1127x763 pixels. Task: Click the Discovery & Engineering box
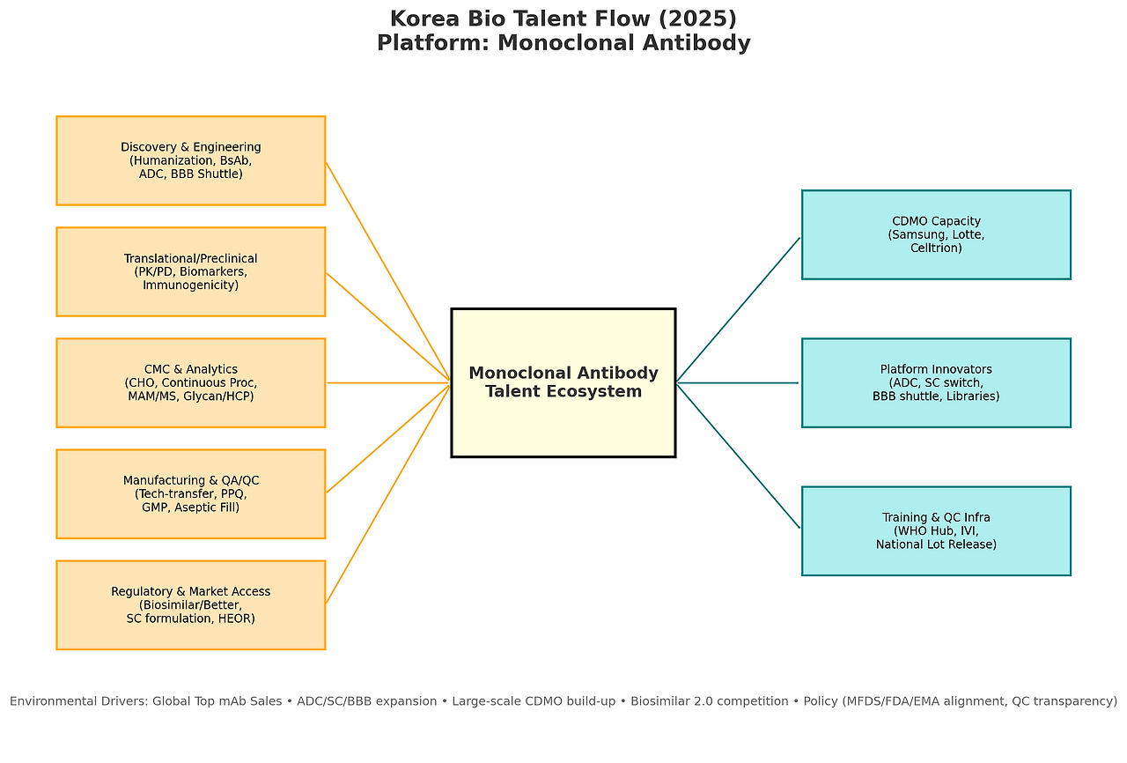click(x=190, y=160)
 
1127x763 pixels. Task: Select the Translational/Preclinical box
click(x=190, y=271)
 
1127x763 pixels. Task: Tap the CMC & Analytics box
click(x=190, y=382)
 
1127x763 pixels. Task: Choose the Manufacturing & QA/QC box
click(x=190, y=493)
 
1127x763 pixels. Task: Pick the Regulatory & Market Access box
click(x=190, y=604)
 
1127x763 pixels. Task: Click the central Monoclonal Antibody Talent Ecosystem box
click(x=563, y=382)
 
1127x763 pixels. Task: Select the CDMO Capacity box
click(x=936, y=234)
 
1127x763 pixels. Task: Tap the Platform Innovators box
click(x=936, y=382)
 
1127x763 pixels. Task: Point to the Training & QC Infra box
click(x=936, y=530)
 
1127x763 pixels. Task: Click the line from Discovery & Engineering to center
click(x=387, y=271)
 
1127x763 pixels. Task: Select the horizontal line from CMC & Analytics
click(x=387, y=382)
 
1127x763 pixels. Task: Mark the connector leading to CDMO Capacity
click(x=738, y=310)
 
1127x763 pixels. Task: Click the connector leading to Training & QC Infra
click(x=738, y=456)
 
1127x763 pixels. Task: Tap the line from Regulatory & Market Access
click(x=387, y=493)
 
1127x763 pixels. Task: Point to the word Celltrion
click(x=936, y=248)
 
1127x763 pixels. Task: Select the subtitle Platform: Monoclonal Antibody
click(x=563, y=43)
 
